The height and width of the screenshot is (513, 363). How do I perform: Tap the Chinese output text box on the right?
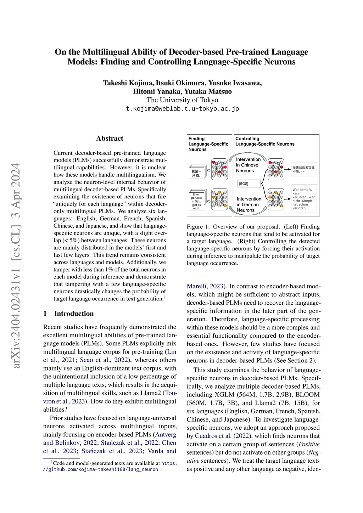(x=304, y=169)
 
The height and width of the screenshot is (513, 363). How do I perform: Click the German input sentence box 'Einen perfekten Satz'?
(x=197, y=201)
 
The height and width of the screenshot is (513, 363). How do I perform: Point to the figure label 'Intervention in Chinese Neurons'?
(x=248, y=165)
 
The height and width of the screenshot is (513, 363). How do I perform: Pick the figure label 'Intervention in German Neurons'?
(x=249, y=204)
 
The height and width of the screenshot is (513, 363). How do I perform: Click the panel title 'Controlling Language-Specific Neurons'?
(x=265, y=141)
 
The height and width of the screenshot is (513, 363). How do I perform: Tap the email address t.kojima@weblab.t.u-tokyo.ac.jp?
(x=182, y=108)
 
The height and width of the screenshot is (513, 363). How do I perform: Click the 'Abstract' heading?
(x=110, y=139)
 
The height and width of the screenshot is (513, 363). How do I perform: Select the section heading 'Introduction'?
(x=74, y=314)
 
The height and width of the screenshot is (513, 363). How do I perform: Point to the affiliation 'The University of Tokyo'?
(x=182, y=100)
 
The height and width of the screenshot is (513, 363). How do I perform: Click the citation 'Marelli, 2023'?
(x=205, y=286)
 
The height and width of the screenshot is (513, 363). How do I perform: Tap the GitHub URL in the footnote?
(x=101, y=469)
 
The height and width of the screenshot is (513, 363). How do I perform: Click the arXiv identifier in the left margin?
(x=16, y=266)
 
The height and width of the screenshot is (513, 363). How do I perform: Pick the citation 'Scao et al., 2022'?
(x=104, y=360)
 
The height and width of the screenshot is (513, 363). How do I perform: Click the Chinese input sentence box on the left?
(x=197, y=173)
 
